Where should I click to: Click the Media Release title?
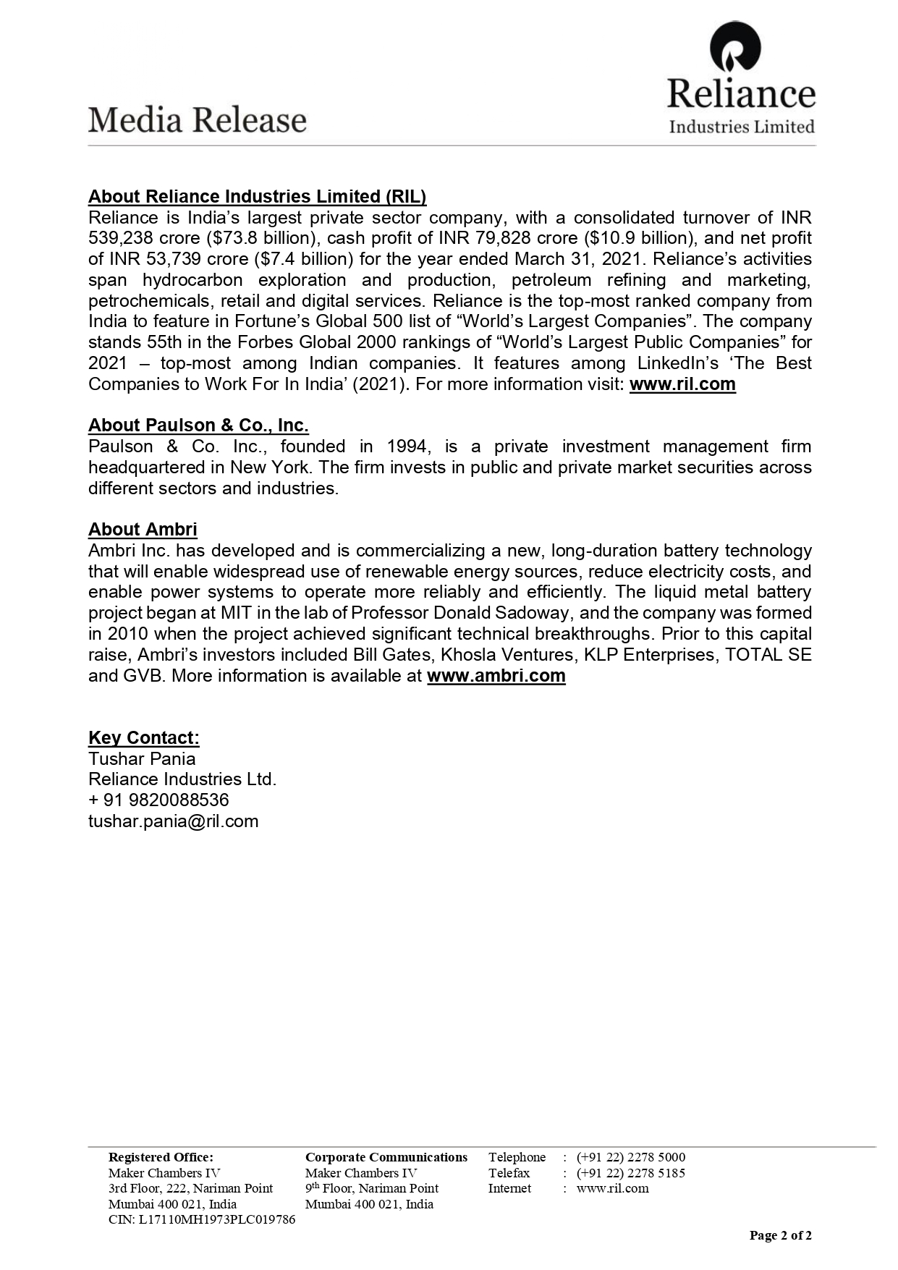click(x=198, y=120)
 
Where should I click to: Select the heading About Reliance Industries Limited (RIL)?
click(x=257, y=197)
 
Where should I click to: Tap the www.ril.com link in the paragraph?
click(x=682, y=384)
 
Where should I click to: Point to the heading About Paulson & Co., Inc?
click(x=198, y=426)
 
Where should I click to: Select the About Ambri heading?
click(x=143, y=530)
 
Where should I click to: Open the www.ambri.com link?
click(x=496, y=676)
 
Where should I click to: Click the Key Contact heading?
click(x=143, y=738)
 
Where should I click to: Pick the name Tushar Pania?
click(x=142, y=759)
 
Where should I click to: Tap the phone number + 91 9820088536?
click(x=158, y=800)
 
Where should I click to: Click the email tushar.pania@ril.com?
click(x=173, y=821)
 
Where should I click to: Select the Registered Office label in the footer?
click(x=161, y=1157)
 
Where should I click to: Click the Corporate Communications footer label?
click(x=386, y=1157)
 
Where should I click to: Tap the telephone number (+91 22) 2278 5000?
click(x=630, y=1157)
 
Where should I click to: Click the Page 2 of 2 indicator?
click(x=780, y=1235)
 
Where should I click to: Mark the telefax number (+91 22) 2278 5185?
click(x=630, y=1173)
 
